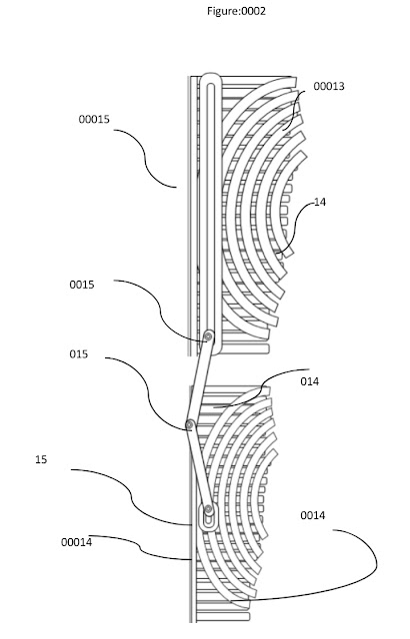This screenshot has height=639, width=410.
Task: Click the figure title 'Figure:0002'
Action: [x=236, y=11]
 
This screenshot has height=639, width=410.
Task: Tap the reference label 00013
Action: [x=329, y=86]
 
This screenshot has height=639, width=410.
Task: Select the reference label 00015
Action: [x=94, y=119]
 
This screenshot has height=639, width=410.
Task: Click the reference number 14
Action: [x=320, y=202]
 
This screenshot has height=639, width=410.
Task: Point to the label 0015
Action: [x=82, y=285]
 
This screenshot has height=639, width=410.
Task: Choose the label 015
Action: [x=79, y=353]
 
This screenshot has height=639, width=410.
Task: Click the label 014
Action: [x=310, y=381]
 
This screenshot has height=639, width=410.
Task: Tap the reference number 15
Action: [x=41, y=459]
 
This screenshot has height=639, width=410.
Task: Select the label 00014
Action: [x=77, y=542]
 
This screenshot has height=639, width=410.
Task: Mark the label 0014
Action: [x=313, y=515]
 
